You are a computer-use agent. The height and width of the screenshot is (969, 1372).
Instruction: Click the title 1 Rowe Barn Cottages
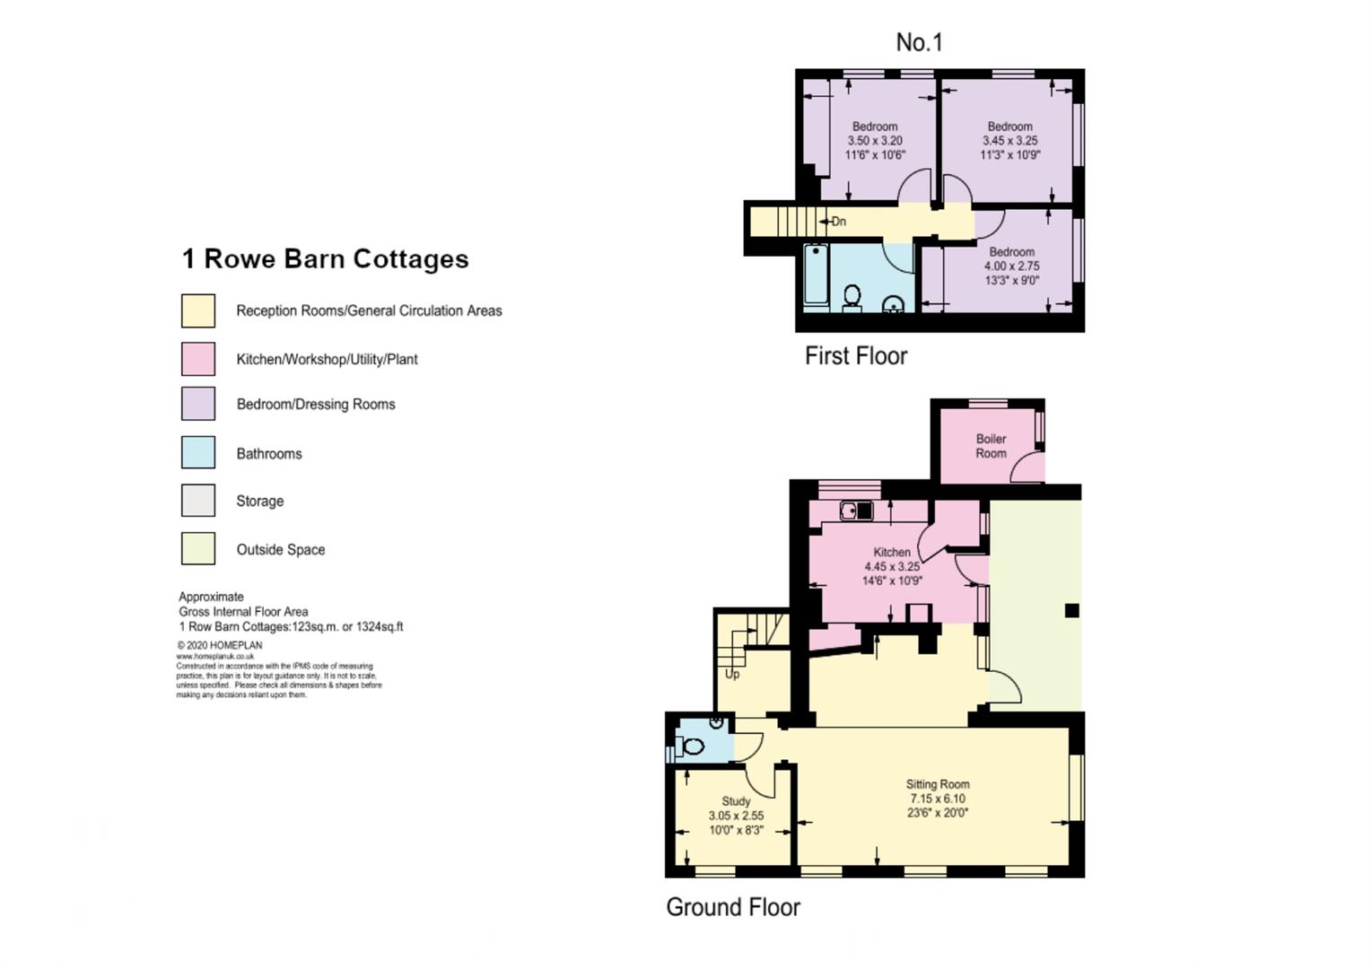pos(325,259)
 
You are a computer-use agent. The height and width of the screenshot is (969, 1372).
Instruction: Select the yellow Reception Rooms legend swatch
pos(198,310)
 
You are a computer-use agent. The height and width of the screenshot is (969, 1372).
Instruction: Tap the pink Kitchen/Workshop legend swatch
pos(198,359)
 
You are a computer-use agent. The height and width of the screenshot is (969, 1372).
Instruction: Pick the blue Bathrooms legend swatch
pos(198,452)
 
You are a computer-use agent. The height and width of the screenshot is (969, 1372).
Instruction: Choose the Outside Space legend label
pos(280,550)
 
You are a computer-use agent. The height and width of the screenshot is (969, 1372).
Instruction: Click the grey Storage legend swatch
pos(198,501)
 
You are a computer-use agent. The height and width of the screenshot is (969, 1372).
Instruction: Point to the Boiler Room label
pos(991,446)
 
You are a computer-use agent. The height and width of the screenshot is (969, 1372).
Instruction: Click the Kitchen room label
pos(892,552)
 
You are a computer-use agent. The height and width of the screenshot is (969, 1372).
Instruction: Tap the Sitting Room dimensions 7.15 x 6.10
pos(938,799)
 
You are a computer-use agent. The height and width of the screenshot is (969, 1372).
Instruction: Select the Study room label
pos(736,801)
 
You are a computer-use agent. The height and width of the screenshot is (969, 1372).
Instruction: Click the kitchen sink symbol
pos(856,511)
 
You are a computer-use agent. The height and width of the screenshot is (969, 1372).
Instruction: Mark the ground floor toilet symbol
pos(693,746)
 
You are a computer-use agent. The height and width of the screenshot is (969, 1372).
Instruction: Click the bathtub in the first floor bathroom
pos(816,275)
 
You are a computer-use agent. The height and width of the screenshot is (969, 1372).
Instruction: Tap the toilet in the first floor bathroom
pos(852,297)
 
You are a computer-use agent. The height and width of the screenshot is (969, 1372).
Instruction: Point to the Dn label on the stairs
pos(837,222)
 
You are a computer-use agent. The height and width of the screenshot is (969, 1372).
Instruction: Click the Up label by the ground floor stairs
pos(732,674)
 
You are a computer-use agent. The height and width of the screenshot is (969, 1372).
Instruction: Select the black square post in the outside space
pos(1071,611)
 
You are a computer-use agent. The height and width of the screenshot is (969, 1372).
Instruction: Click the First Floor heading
pos(855,356)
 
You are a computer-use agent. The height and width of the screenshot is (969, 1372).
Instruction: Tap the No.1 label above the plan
pos(919,42)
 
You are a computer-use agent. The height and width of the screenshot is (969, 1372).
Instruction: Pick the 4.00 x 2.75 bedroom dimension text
pos(1011,266)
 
